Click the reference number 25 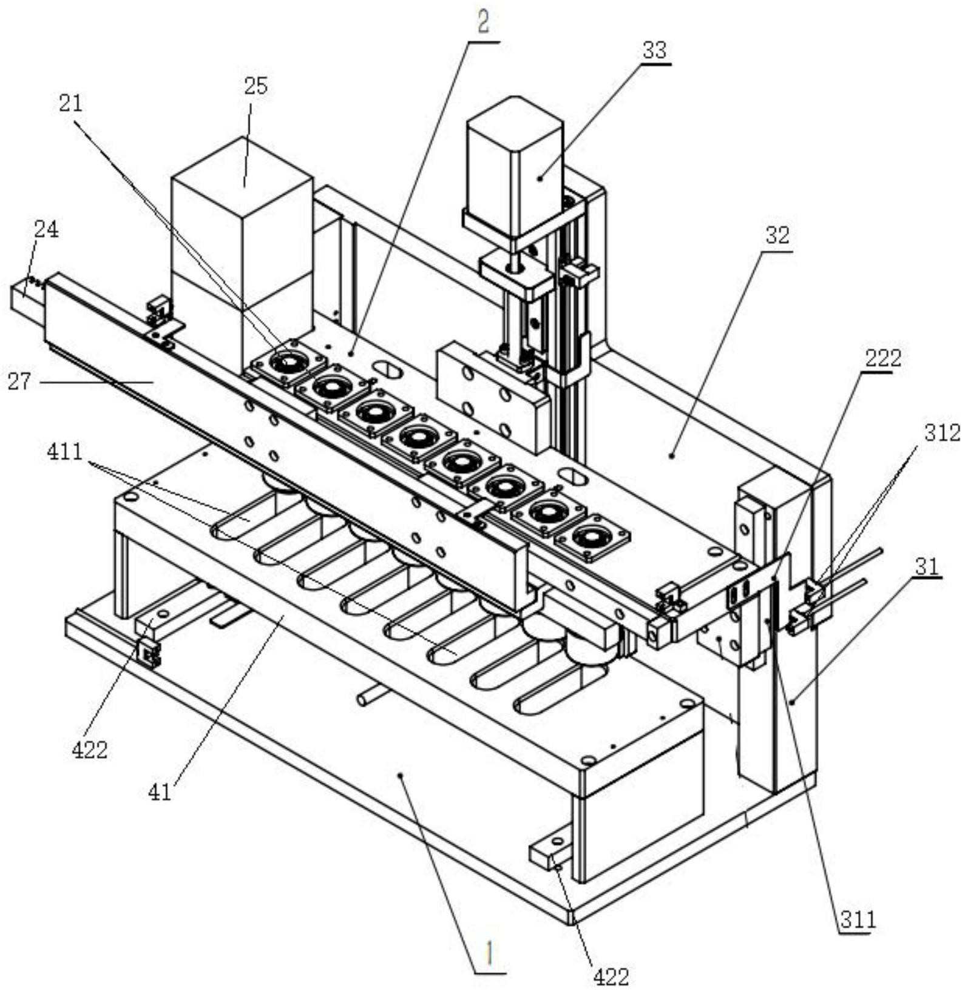256,86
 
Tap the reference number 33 655,50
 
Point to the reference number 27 19,382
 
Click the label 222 883,358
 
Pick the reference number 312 943,432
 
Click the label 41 160,792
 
